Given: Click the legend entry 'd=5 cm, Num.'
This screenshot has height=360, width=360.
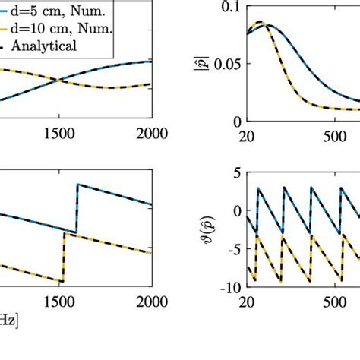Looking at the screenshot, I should [x=58, y=11].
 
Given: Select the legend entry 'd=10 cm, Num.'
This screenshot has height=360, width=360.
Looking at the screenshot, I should [x=62, y=28].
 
